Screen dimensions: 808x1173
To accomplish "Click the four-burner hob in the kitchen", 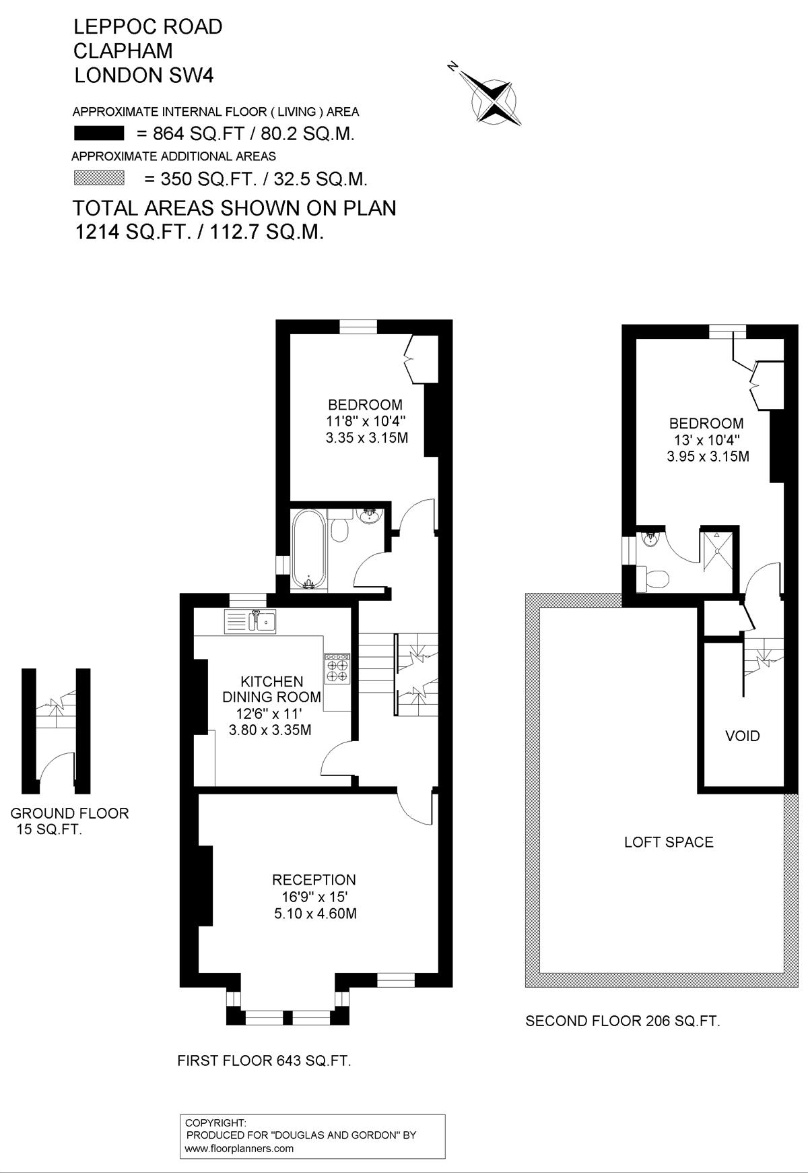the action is (x=337, y=668).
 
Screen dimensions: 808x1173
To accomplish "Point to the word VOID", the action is (x=743, y=736).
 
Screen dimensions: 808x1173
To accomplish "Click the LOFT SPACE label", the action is (x=669, y=842).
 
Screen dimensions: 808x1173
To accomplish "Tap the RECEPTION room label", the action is (x=314, y=879).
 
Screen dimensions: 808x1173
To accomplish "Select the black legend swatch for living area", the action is (x=99, y=133).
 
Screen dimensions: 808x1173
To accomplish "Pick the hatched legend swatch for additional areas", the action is (x=99, y=178).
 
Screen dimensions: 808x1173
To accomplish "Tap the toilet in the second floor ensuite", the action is (x=652, y=578).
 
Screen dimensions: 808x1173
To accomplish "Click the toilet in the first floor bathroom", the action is (x=339, y=528).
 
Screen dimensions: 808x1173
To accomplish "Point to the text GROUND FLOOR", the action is (x=70, y=813).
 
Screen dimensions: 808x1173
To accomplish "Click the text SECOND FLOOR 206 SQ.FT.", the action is (x=623, y=1021).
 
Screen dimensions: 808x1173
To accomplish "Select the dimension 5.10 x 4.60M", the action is (x=314, y=914).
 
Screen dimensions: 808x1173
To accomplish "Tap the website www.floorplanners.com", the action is (x=239, y=1149).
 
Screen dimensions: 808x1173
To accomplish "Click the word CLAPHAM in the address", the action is (x=123, y=51).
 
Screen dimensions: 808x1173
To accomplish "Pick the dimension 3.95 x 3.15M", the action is (x=708, y=456).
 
